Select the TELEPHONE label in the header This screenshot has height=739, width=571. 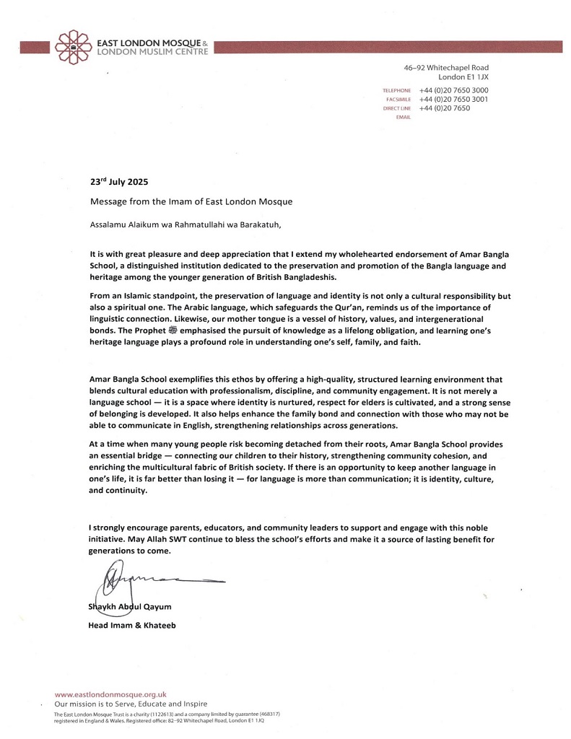click(396, 90)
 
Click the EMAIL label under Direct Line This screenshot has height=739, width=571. click(404, 117)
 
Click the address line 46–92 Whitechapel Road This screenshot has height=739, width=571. click(445, 67)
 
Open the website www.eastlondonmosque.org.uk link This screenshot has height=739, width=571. click(110, 694)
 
